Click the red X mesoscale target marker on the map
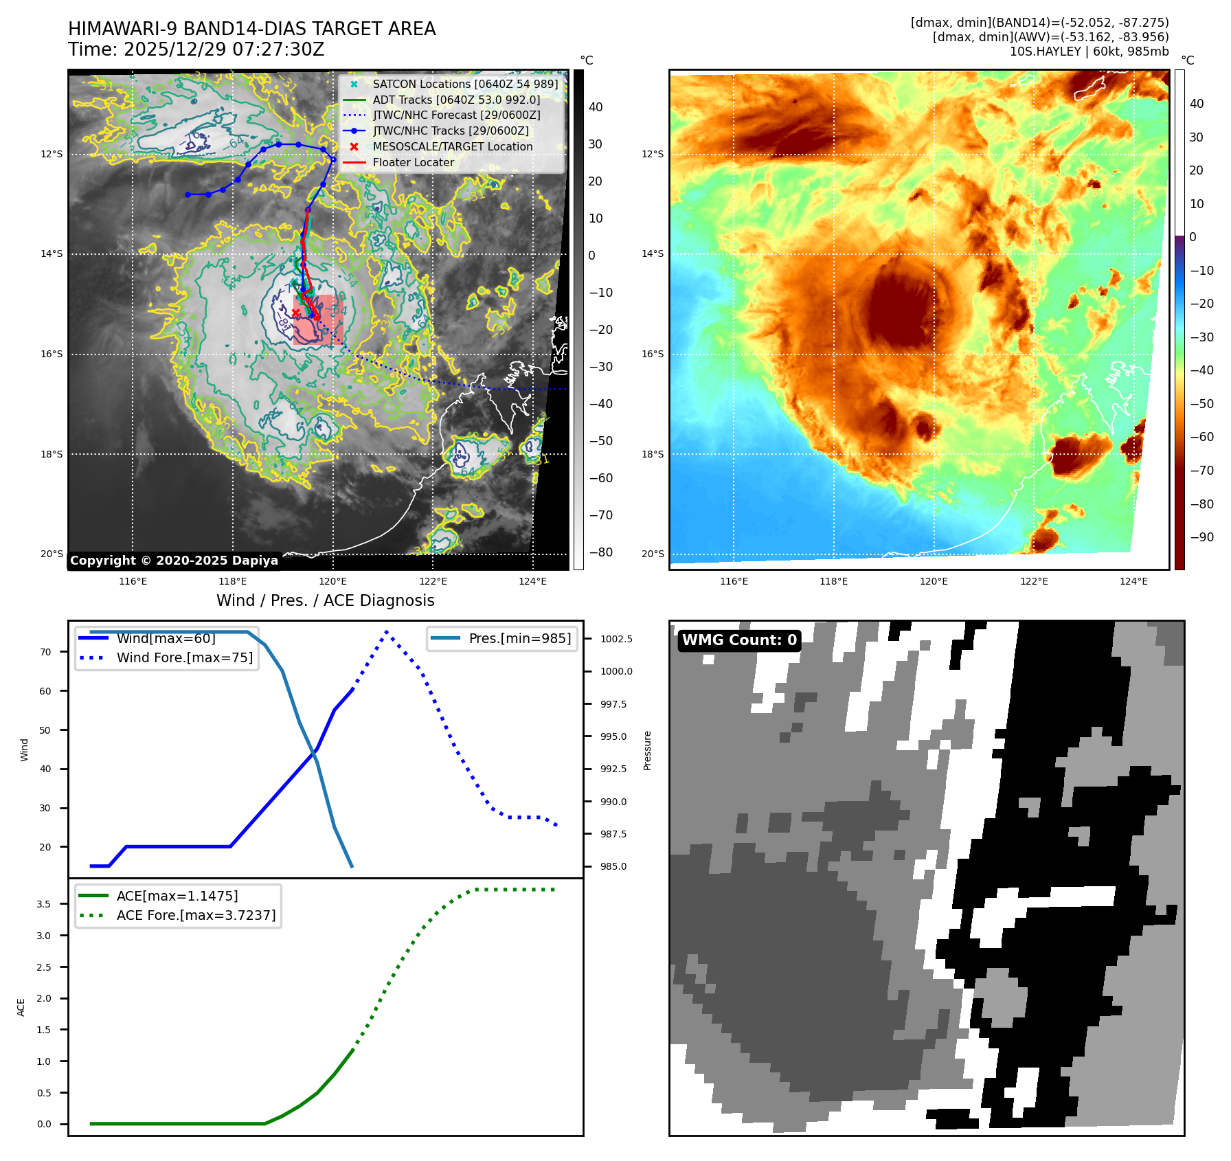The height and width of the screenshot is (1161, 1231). tap(295, 313)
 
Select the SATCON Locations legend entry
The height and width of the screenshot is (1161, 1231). tap(465, 84)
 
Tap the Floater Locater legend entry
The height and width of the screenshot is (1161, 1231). tap(413, 162)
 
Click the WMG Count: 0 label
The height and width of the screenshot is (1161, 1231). tap(739, 640)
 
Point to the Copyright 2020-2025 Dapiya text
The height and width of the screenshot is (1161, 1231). tap(174, 561)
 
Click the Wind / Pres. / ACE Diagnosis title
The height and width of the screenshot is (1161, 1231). tap(325, 600)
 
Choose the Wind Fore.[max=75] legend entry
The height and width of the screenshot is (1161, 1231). tap(184, 657)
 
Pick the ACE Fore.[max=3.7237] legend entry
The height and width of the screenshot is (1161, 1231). tap(196, 915)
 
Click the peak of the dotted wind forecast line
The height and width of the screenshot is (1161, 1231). tap(387, 631)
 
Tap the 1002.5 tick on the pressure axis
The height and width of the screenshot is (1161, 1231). tap(616, 639)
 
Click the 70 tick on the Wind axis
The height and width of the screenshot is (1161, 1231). tap(45, 652)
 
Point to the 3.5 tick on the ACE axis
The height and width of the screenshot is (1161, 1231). tap(44, 904)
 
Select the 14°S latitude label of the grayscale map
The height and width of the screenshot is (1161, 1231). tap(52, 253)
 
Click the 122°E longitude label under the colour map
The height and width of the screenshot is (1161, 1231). tap(1034, 581)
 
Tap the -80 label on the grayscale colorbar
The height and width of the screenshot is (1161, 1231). tap(600, 552)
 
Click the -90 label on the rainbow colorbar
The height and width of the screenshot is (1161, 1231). tap(1201, 537)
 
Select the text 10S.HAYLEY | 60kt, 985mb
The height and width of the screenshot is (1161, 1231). tap(1089, 52)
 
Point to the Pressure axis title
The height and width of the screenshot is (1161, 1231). tap(647, 750)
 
